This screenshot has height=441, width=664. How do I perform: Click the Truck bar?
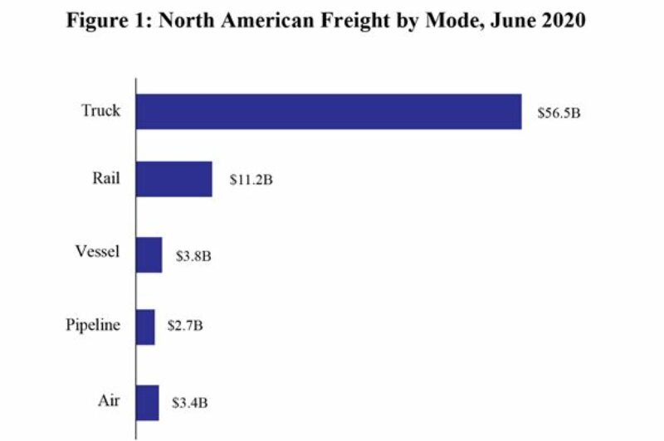[329, 111]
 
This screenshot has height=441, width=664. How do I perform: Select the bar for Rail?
[173, 179]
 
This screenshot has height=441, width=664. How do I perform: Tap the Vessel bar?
[149, 254]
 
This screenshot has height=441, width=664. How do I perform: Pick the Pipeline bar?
[145, 327]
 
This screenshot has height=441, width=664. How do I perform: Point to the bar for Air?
[147, 403]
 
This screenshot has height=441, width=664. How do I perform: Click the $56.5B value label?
[557, 112]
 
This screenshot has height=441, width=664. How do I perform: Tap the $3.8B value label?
[193, 255]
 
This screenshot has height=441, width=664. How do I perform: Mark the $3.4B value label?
[189, 404]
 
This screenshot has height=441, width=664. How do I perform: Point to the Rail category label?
[106, 177]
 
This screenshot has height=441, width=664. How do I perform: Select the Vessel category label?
[99, 253]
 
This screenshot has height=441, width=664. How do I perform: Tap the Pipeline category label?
[93, 326]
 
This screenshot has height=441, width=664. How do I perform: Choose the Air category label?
[109, 401]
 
